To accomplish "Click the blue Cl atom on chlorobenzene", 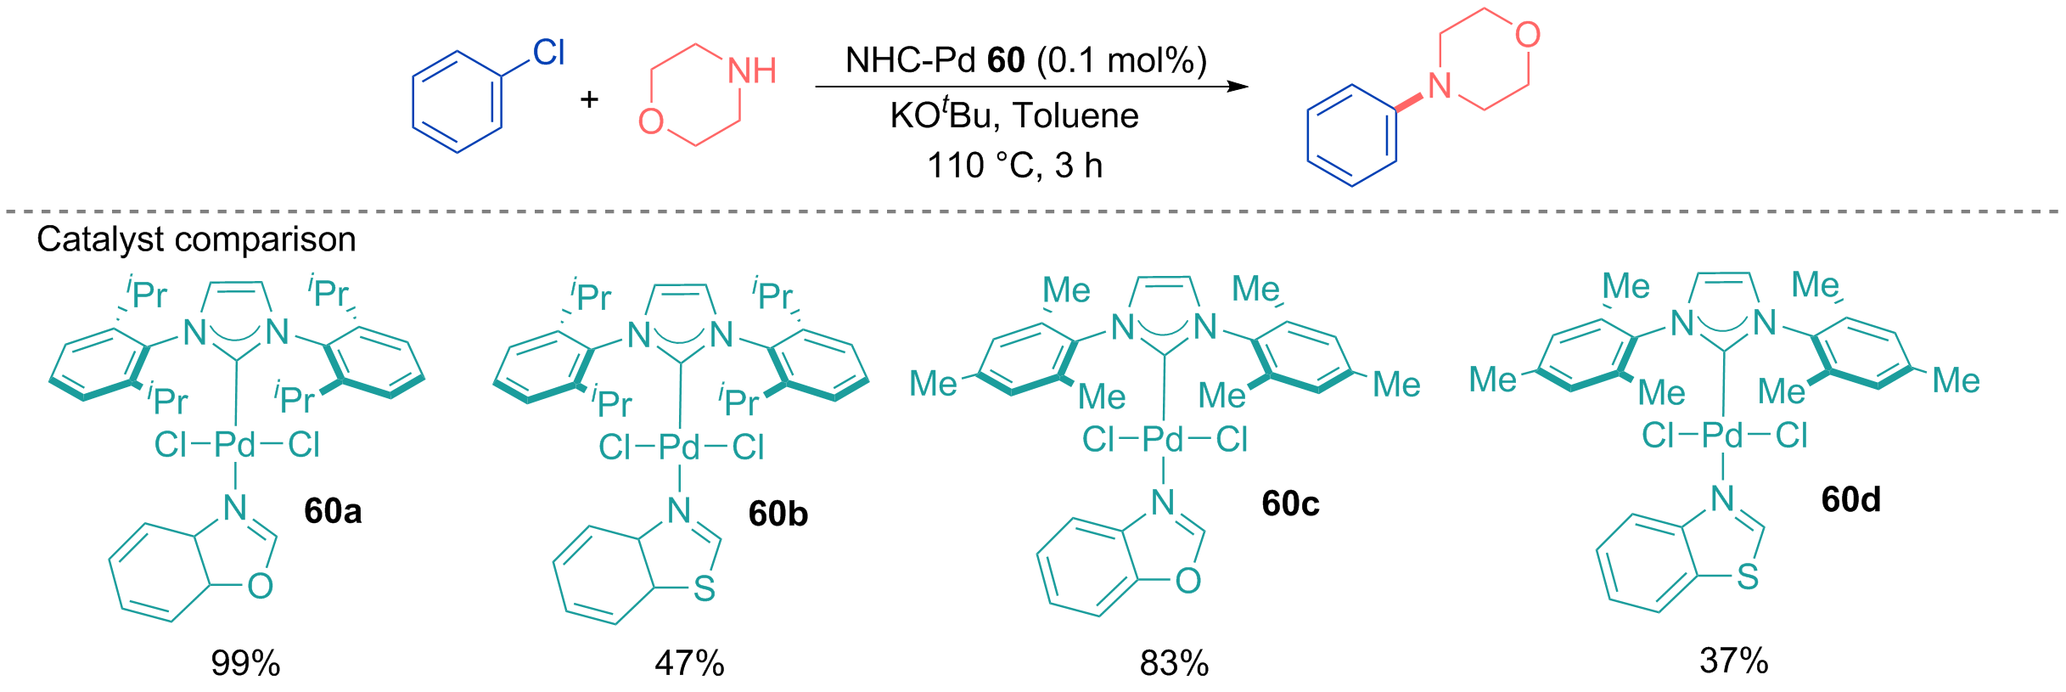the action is click(x=548, y=53).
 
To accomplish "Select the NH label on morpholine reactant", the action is click(x=752, y=71).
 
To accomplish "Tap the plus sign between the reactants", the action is click(x=589, y=100).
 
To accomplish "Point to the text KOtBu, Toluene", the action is click(x=1014, y=115).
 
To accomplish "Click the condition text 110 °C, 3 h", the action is click(x=1014, y=166).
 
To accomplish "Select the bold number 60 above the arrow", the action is click(x=1007, y=60).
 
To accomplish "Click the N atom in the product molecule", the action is click(x=1440, y=86).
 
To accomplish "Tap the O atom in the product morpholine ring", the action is click(x=1528, y=35).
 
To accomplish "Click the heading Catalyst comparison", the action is click(x=196, y=240).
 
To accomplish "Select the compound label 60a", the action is click(x=333, y=511).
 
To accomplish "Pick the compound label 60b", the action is click(x=778, y=514).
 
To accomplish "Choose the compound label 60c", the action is click(x=1290, y=504).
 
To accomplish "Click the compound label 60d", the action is click(x=1850, y=499).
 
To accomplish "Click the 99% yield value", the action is click(x=245, y=663).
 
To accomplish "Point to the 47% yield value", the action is click(x=689, y=663).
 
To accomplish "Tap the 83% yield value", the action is click(x=1174, y=663).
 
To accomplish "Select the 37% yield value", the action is click(x=1734, y=661).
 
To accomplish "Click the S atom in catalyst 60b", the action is click(x=704, y=588).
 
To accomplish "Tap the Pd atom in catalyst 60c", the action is click(x=1163, y=440).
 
